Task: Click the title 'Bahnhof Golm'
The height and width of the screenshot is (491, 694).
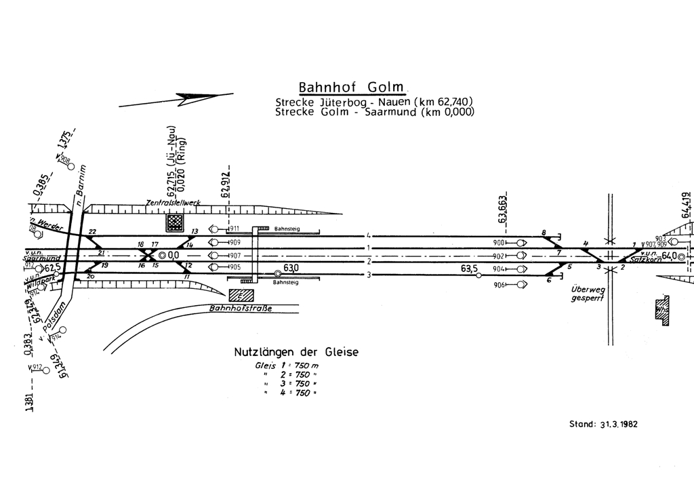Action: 351,88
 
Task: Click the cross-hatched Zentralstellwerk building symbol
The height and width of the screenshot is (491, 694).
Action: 176,222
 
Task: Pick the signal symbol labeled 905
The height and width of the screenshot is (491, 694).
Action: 216,268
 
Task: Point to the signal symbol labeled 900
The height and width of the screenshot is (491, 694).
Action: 520,243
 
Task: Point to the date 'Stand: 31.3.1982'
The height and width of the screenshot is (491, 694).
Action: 603,425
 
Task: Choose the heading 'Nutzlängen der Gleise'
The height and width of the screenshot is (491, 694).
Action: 296,352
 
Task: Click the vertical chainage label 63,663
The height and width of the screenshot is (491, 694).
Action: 502,209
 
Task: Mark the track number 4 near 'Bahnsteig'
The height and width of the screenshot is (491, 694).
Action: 367,235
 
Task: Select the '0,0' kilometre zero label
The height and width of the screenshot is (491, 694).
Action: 173,255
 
